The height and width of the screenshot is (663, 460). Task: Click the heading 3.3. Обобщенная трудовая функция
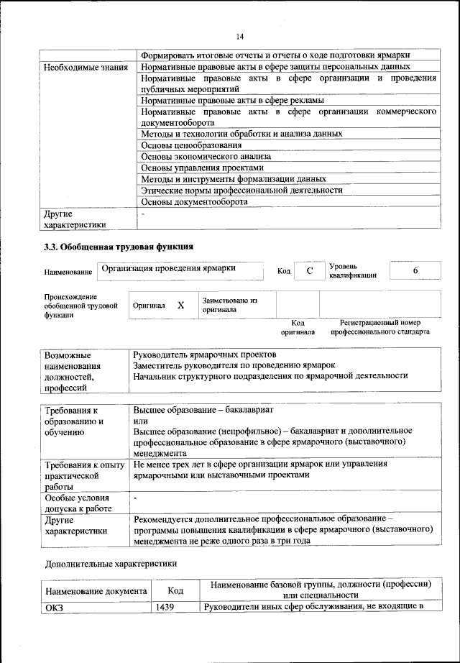(x=119, y=248)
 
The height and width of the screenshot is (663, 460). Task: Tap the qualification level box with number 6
(x=415, y=270)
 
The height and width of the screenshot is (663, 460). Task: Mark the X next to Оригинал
(x=180, y=305)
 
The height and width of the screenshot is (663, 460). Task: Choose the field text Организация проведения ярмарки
(x=169, y=268)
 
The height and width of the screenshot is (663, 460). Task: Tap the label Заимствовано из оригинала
(x=229, y=305)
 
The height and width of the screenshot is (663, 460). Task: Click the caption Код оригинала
(x=298, y=327)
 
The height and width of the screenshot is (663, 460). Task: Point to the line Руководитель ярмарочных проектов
(x=205, y=355)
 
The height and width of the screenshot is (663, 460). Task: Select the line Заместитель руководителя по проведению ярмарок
(x=234, y=365)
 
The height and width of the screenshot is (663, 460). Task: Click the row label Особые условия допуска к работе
(x=78, y=503)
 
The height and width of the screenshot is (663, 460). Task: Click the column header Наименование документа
(x=96, y=591)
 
